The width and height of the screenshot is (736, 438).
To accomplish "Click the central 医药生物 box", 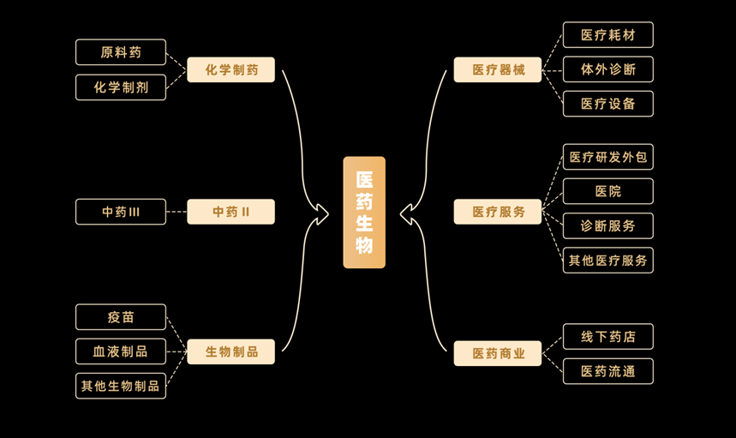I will pyautogui.click(x=364, y=213).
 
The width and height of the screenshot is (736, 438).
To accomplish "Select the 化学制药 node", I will pyautogui.click(x=230, y=69).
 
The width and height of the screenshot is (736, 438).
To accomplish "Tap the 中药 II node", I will pyautogui.click(x=230, y=212).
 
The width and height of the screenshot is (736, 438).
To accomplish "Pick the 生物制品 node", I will pyautogui.click(x=230, y=351).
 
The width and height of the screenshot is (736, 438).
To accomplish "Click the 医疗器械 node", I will pyautogui.click(x=498, y=69).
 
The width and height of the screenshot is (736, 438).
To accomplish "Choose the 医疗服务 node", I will pyautogui.click(x=498, y=212).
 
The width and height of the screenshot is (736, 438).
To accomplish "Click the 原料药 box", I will pyautogui.click(x=121, y=52).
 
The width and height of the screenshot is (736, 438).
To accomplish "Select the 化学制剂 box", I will pyautogui.click(x=121, y=87).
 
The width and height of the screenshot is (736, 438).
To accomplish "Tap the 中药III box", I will pyautogui.click(x=121, y=212).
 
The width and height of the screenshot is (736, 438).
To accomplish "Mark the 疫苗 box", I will pyautogui.click(x=121, y=317).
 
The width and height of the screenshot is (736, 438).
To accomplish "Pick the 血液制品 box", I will pyautogui.click(x=121, y=351).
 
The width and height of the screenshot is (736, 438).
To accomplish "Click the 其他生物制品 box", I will pyautogui.click(x=121, y=386).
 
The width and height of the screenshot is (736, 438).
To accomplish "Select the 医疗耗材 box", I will pyautogui.click(x=607, y=35).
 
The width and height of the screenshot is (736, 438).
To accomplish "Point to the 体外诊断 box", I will pyautogui.click(x=607, y=69).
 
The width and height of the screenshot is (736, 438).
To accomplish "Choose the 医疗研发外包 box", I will pyautogui.click(x=607, y=157).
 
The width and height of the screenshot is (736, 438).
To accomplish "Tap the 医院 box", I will pyautogui.click(x=607, y=191).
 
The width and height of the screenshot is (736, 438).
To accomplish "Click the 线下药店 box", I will pyautogui.click(x=607, y=337).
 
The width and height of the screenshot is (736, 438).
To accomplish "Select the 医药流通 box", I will pyautogui.click(x=607, y=371).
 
